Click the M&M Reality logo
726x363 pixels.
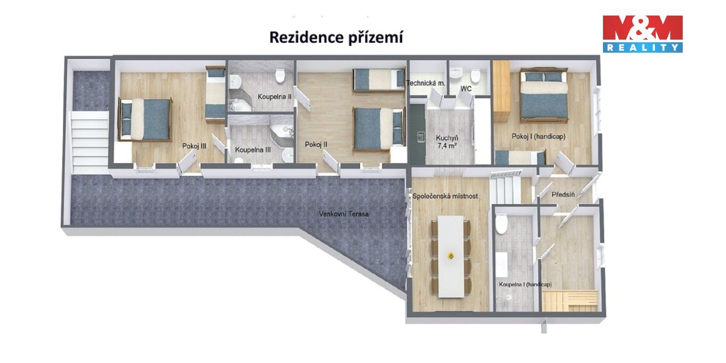tap(642, 33)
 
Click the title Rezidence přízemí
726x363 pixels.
tap(336, 38)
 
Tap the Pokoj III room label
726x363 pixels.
tap(195, 146)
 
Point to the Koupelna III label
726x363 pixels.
tap(253, 150)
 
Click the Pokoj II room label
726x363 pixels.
tap(316, 144)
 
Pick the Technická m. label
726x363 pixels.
tap(426, 83)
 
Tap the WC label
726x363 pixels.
tap(465, 89)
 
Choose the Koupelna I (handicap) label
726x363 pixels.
tap(525, 284)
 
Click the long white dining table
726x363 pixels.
tap(451, 256)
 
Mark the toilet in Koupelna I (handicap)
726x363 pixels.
tap(501, 224)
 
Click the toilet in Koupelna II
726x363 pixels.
tap(280, 76)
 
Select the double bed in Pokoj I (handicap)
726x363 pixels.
tap(543, 96)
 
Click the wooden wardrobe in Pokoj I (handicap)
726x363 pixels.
tap(501, 91)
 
